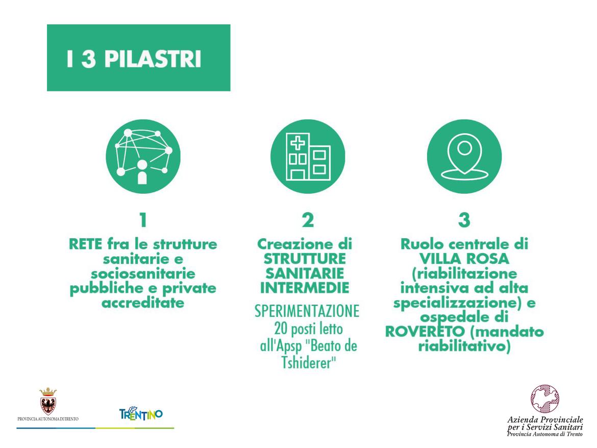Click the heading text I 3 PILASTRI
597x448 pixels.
(133, 59)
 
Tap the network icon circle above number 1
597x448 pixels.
(143, 157)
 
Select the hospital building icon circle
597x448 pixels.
(308, 157)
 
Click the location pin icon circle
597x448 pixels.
(464, 157)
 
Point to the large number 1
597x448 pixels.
(143, 220)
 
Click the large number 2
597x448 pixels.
(308, 220)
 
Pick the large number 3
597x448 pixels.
(464, 220)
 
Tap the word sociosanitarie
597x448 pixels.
(143, 273)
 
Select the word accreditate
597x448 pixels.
(143, 303)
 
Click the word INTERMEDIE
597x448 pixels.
(305, 288)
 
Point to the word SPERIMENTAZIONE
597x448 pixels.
(307, 311)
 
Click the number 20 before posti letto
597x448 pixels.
(281, 329)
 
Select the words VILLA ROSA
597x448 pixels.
(464, 259)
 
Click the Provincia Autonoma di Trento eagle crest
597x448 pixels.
(48, 401)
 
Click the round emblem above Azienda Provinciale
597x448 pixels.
(545, 399)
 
